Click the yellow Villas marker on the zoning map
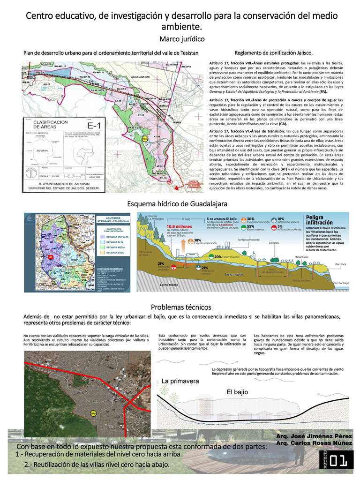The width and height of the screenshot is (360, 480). (x=145, y=138)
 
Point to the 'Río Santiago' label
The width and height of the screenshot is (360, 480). (x=341, y=283)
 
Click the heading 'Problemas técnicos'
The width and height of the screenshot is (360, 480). (x=180, y=307)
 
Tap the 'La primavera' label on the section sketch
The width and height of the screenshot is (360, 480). (x=180, y=381)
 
